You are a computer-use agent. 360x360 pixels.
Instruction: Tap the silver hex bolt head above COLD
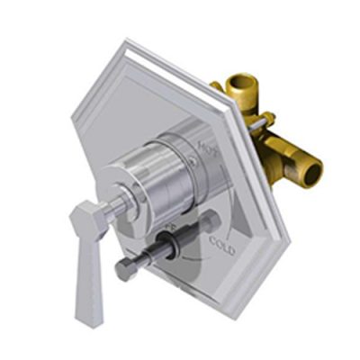click(x=211, y=221)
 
